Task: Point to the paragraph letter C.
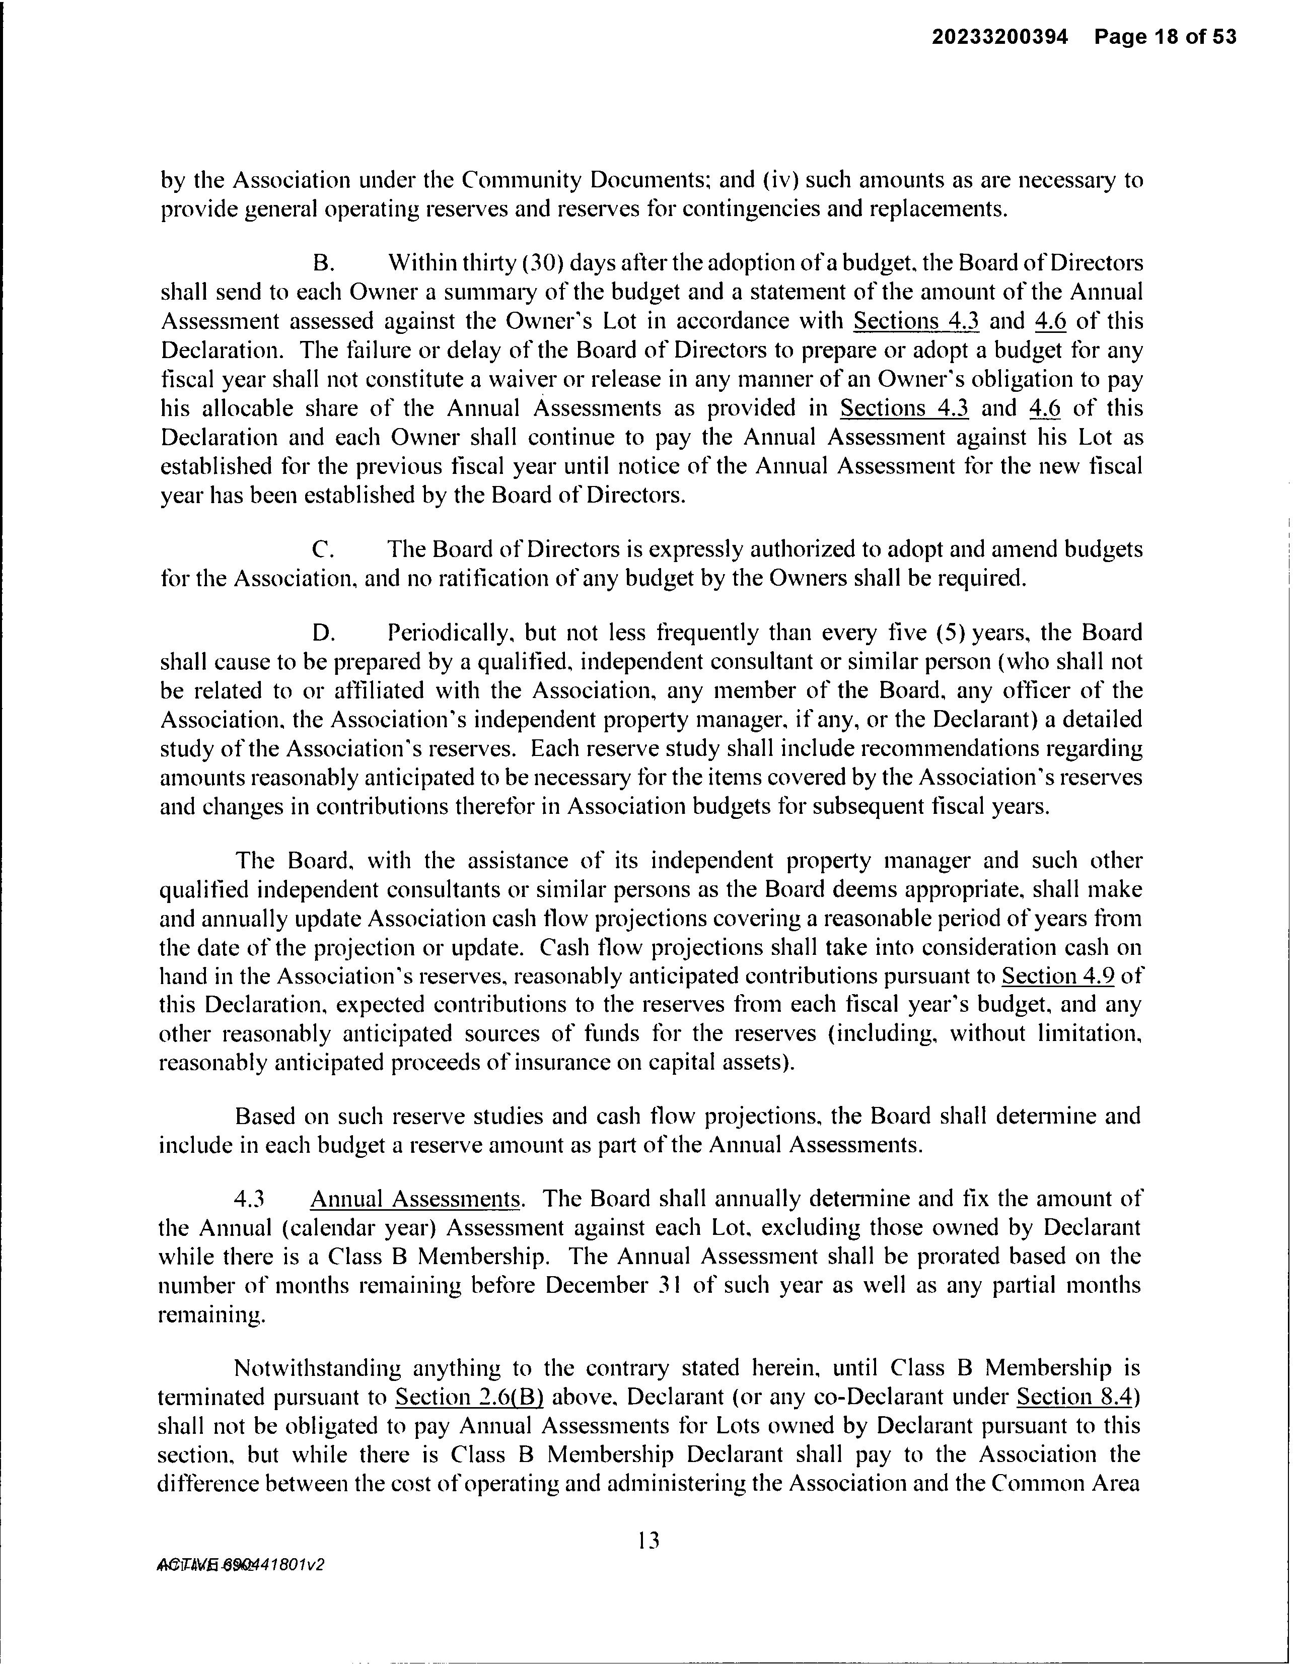[323, 550]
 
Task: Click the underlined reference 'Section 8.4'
[1076, 1398]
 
